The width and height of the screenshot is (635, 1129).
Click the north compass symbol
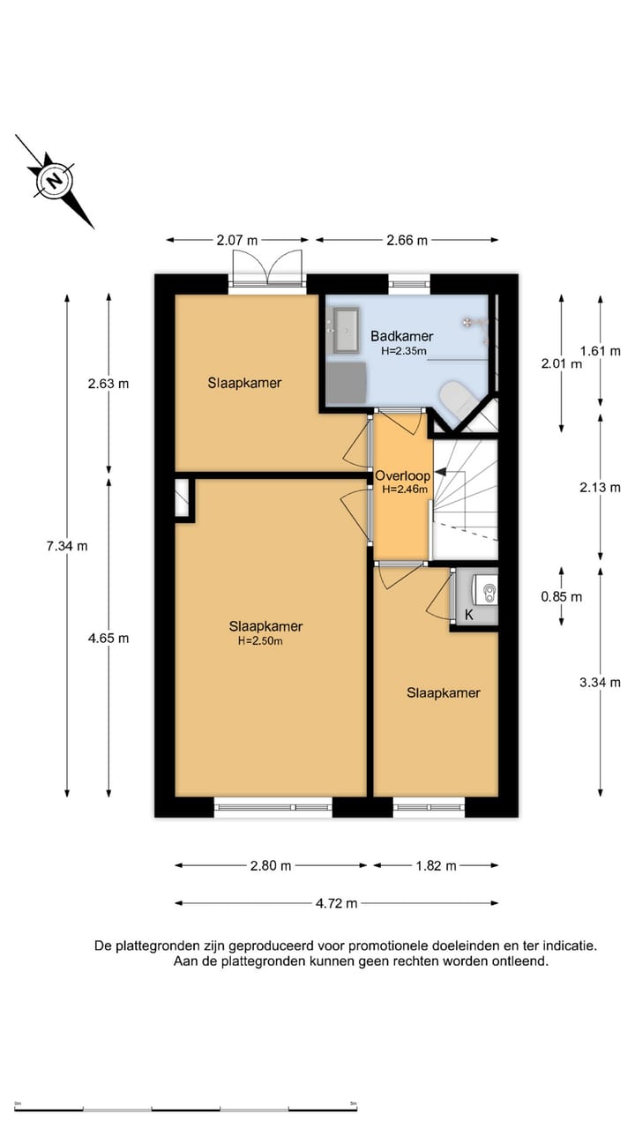pyautogui.click(x=55, y=181)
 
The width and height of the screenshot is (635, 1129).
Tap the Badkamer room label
pyautogui.click(x=401, y=336)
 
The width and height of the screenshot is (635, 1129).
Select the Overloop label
pyautogui.click(x=402, y=475)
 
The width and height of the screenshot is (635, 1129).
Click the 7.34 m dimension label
pyautogui.click(x=67, y=545)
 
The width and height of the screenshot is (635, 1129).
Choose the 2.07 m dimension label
pyautogui.click(x=238, y=239)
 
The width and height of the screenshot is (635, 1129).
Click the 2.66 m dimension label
pyautogui.click(x=407, y=239)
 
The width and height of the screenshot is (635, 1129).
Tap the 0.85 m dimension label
pyautogui.click(x=562, y=596)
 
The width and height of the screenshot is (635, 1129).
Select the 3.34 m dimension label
pyautogui.click(x=600, y=682)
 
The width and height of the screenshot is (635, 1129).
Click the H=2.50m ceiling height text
pyautogui.click(x=260, y=641)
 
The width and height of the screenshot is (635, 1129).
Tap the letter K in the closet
pyautogui.click(x=469, y=616)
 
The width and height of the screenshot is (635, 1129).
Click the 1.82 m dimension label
pyautogui.click(x=436, y=865)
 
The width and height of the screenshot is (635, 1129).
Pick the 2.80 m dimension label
pyautogui.click(x=270, y=865)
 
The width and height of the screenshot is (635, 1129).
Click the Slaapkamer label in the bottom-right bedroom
pyautogui.click(x=443, y=692)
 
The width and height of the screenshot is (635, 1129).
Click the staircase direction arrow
pyautogui.click(x=440, y=473)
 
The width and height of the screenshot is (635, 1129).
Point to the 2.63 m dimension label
pyautogui.click(x=108, y=384)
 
